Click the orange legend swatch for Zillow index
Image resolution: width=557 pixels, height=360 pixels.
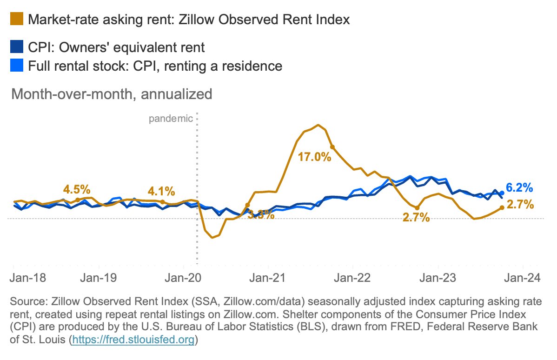16,20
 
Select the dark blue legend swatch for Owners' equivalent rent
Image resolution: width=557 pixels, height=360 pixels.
16,47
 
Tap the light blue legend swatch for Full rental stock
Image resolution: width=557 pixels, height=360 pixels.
16,66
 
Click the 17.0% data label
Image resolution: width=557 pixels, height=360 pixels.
314,157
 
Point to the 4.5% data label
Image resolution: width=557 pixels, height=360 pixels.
77,190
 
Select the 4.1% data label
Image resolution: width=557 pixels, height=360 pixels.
161,191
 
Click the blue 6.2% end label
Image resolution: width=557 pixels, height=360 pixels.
519,188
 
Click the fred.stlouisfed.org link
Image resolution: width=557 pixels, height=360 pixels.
133,340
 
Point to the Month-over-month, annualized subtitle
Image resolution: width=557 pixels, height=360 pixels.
112,94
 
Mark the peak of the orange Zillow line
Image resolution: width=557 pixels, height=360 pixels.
318,125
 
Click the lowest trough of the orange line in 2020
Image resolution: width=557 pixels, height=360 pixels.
212,238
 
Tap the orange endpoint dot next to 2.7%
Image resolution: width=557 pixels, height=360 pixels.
502,207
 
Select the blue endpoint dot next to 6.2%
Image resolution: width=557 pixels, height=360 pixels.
502,193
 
